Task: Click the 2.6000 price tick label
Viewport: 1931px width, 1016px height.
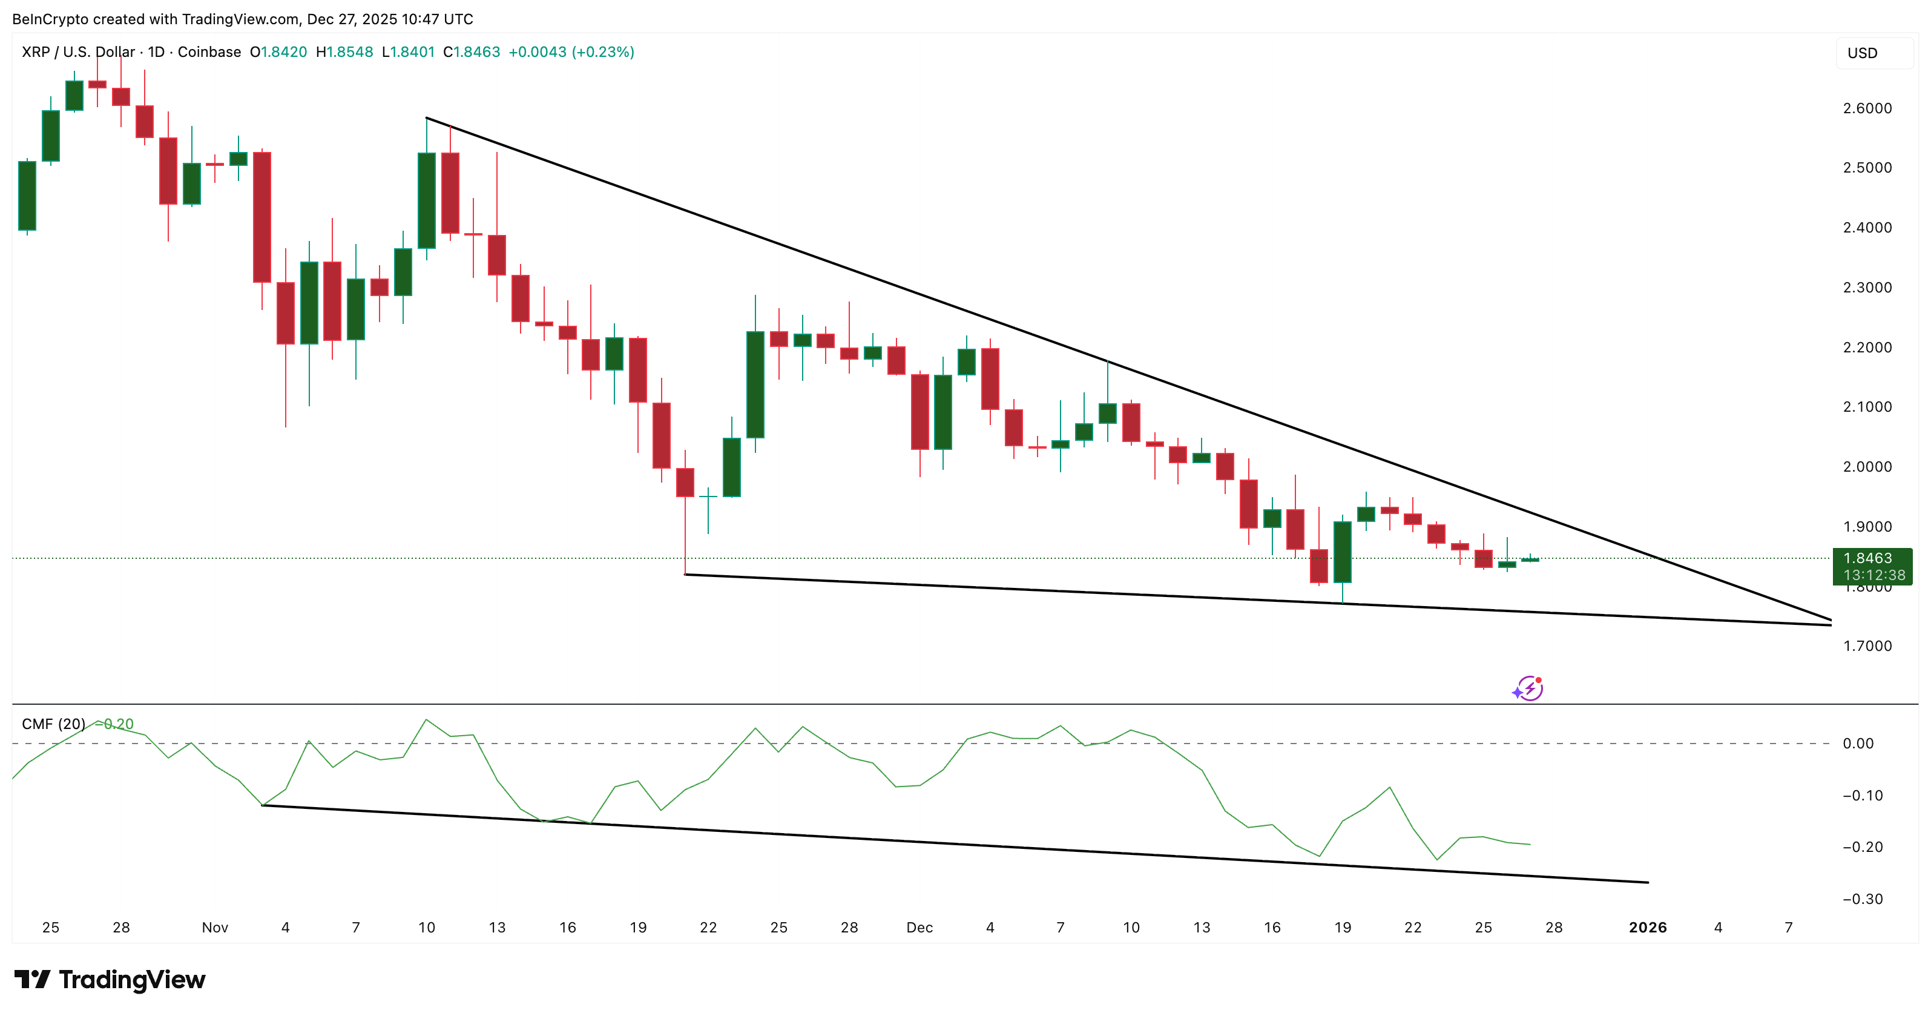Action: tap(1867, 108)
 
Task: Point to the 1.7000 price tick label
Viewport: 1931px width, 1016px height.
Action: tap(1867, 645)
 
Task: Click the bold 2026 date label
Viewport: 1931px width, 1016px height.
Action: tap(1648, 928)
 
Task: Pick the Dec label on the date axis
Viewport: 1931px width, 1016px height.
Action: tap(919, 928)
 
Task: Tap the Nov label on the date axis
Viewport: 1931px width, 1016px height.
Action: tap(214, 928)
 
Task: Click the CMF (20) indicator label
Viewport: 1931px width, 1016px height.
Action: tap(53, 724)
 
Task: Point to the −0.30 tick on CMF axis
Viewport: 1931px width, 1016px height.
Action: tap(1862, 899)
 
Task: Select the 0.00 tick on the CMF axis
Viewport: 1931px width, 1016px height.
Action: tap(1858, 743)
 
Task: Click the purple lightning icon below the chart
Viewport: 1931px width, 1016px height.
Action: tap(1528, 688)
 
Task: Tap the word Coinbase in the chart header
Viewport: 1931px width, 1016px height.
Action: tap(209, 51)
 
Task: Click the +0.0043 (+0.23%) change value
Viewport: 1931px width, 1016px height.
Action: tap(571, 51)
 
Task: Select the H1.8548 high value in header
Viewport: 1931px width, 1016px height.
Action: tap(344, 51)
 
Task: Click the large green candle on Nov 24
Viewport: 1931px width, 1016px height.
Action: tap(755, 384)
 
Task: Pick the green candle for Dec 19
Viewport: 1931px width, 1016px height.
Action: tap(1342, 552)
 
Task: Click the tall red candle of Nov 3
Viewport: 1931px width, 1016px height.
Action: tap(262, 217)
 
